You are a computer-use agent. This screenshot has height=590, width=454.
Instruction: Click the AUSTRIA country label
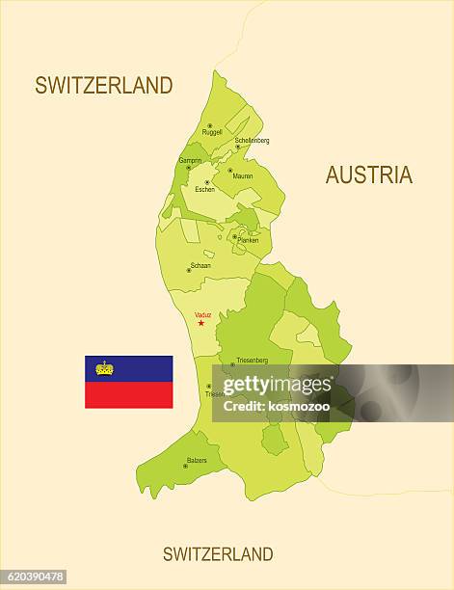[368, 174]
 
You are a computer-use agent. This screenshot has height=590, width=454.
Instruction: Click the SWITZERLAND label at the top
[104, 85]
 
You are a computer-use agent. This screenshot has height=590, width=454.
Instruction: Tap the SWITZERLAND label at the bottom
[218, 553]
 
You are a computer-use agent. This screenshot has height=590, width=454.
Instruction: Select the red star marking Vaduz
[200, 323]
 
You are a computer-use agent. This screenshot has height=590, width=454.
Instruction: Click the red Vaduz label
[202, 314]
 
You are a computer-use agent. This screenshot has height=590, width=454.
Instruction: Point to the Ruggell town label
[212, 132]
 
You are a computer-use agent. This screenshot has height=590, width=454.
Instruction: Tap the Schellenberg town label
[252, 140]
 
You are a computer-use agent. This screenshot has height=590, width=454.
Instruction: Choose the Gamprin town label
[190, 160]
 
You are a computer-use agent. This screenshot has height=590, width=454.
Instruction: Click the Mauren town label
[243, 176]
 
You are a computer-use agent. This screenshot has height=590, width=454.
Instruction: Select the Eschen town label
[204, 189]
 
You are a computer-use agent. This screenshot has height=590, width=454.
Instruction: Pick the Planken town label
[247, 240]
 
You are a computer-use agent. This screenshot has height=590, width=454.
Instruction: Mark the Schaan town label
[200, 265]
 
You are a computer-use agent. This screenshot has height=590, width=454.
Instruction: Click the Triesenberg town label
[252, 360]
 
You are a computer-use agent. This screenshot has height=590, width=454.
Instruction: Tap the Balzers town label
[197, 460]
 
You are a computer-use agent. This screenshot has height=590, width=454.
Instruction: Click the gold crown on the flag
[104, 368]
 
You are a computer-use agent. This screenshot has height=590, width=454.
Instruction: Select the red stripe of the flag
[128, 394]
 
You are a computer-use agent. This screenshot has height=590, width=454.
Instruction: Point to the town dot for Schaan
[189, 271]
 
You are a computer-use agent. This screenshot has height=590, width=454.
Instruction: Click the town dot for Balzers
[184, 467]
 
